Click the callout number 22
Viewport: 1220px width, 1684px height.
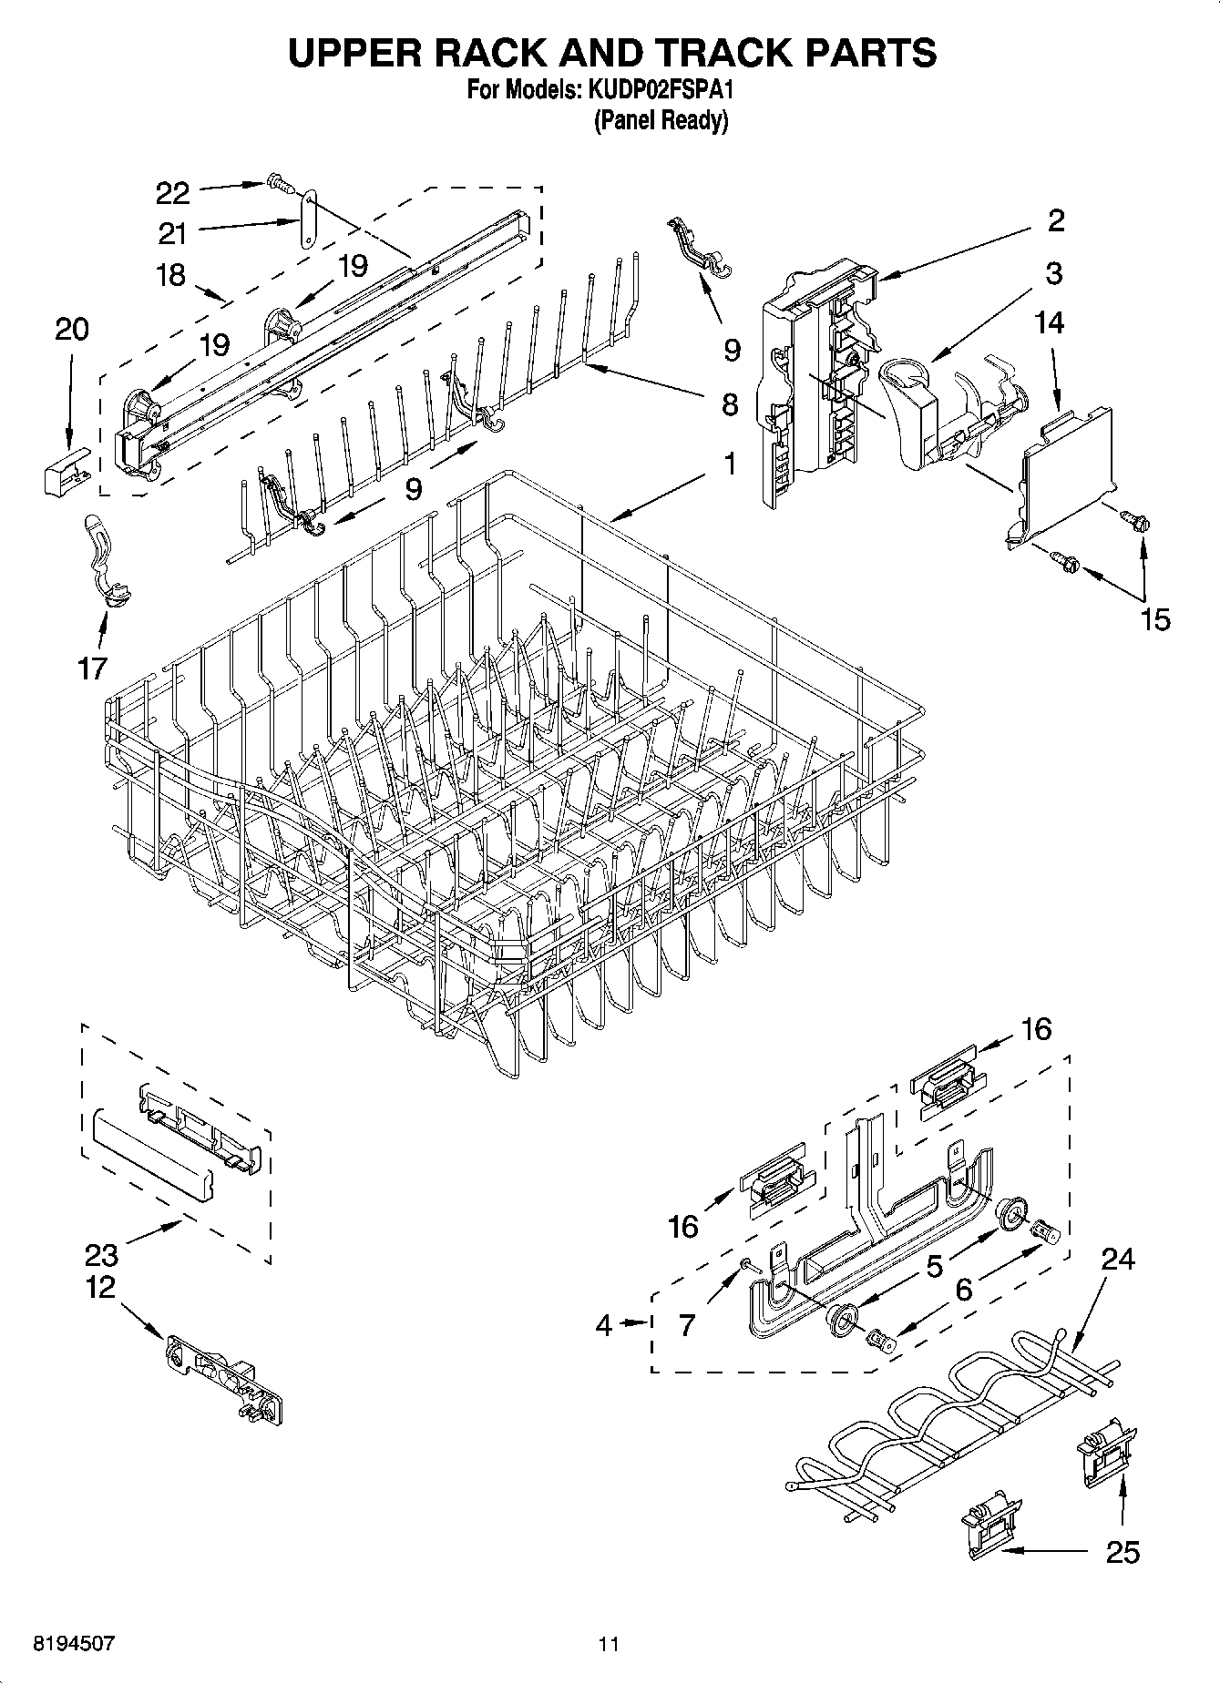pyautogui.click(x=172, y=193)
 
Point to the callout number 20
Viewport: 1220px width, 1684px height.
pyautogui.click(x=72, y=329)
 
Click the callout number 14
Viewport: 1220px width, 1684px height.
pyautogui.click(x=1050, y=322)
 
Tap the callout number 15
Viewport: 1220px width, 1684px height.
pyautogui.click(x=1155, y=619)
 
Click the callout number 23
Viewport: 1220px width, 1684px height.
pyautogui.click(x=101, y=1255)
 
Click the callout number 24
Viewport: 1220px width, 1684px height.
pyautogui.click(x=1118, y=1259)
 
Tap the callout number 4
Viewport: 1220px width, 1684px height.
pyautogui.click(x=604, y=1325)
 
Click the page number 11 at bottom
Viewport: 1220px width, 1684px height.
pyautogui.click(x=609, y=1644)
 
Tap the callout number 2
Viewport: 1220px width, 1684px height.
pyautogui.click(x=1056, y=219)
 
